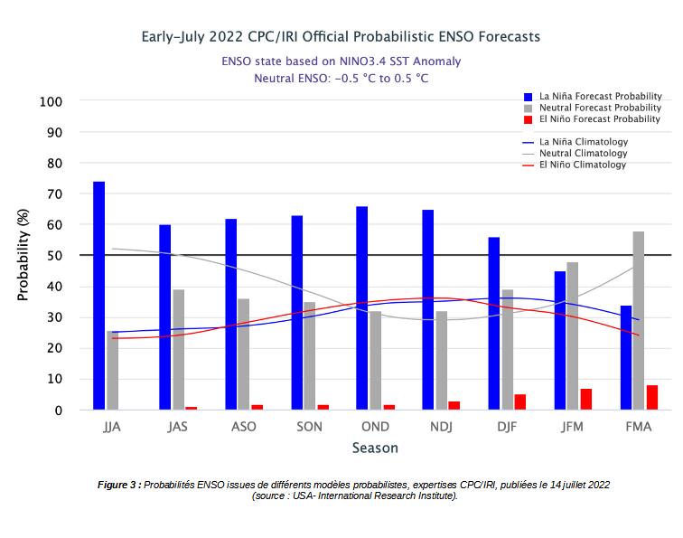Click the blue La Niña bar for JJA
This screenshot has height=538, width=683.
98,296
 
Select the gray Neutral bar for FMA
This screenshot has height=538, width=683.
639,321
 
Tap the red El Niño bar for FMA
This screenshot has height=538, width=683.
652,398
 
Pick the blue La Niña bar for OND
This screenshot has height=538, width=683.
361,308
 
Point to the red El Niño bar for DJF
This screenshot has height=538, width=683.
520,402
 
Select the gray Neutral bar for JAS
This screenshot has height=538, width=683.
178,350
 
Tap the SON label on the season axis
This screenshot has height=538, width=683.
309,427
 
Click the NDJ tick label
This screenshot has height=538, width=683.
440,427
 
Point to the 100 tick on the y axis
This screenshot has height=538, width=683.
51,101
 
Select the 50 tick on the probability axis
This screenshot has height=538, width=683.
54,256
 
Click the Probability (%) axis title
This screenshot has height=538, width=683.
23,256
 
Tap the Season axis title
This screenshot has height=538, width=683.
375,448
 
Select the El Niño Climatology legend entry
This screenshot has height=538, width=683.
582,165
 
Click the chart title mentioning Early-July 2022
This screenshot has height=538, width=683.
341,37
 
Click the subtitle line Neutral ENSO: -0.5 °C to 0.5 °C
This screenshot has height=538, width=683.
341,79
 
